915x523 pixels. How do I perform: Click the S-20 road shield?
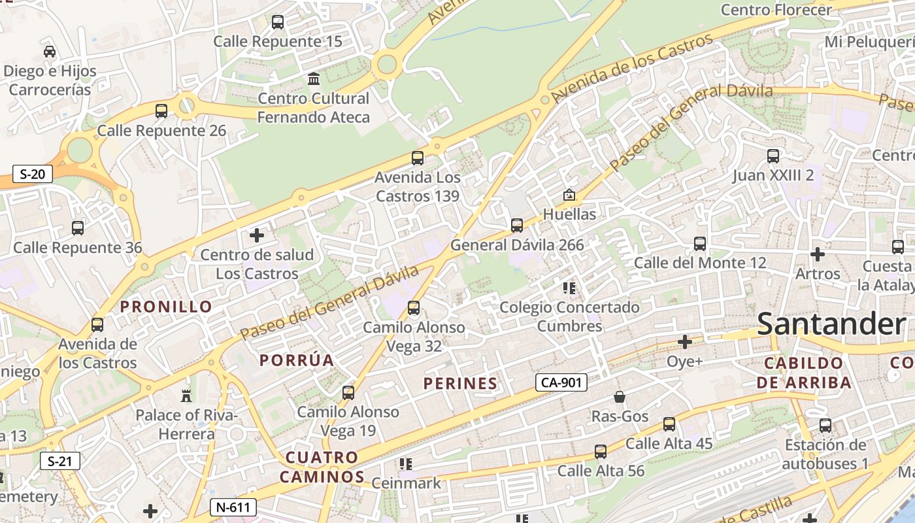click(33, 174)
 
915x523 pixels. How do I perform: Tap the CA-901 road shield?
click(561, 382)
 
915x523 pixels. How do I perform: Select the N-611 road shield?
click(233, 507)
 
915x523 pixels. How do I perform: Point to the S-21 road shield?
click(59, 461)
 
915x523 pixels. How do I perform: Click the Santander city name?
click(831, 324)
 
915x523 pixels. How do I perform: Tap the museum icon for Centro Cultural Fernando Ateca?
click(314, 79)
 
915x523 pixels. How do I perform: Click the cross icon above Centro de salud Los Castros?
click(257, 235)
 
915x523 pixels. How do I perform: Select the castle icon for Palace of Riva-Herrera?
click(186, 396)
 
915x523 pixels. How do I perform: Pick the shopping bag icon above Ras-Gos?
click(619, 397)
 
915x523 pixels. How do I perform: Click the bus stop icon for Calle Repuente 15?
click(278, 22)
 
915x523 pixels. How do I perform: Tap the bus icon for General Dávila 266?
click(517, 226)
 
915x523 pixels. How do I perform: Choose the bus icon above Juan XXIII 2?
click(773, 156)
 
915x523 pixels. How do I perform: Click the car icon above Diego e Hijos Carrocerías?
click(50, 51)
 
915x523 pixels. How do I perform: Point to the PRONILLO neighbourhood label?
click(166, 307)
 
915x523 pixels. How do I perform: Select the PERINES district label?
click(460, 384)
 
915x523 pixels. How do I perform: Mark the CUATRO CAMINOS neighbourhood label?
click(322, 467)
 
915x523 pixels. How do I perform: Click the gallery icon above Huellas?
click(569, 195)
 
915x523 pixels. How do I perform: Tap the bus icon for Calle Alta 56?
click(601, 452)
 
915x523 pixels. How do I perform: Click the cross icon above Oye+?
click(685, 342)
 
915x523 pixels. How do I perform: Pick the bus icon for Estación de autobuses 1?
click(825, 426)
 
